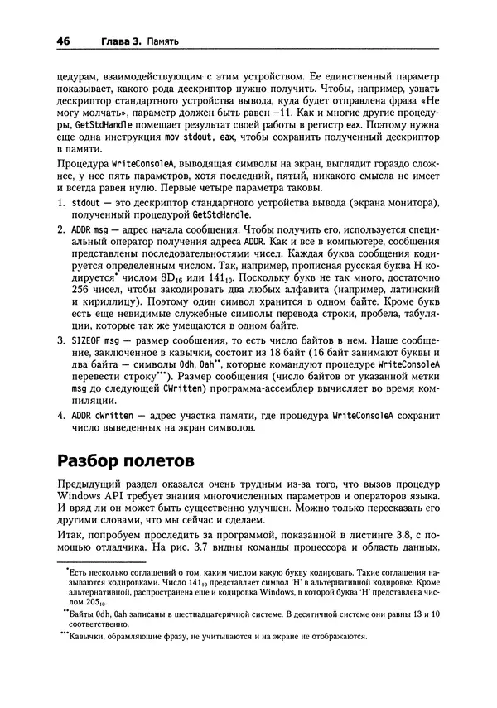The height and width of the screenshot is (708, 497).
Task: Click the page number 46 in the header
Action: click(x=63, y=39)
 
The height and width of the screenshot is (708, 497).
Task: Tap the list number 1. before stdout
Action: click(x=60, y=202)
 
